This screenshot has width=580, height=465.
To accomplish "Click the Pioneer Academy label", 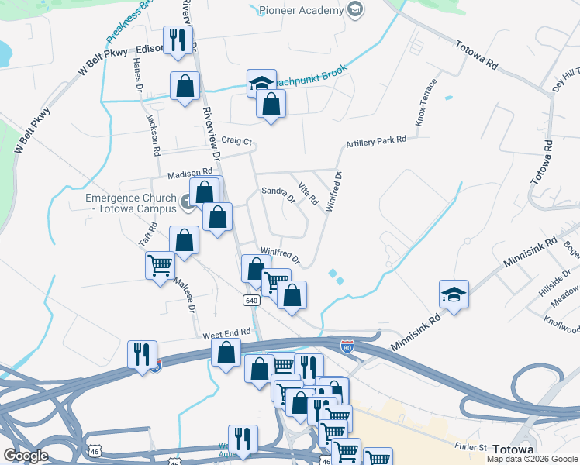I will (x=301, y=10).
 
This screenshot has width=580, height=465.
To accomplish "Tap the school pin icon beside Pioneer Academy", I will (x=355, y=9).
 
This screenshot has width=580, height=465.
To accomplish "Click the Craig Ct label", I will (x=236, y=141).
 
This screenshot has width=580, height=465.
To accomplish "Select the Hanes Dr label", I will (x=138, y=78).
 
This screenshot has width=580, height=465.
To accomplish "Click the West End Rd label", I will (x=227, y=333).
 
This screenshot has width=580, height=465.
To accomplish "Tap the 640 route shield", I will (x=250, y=300).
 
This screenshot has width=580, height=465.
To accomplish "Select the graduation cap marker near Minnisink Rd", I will (x=454, y=294).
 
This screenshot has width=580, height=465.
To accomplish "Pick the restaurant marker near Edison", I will (x=178, y=41).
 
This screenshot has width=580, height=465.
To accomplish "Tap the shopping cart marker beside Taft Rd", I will (x=161, y=266).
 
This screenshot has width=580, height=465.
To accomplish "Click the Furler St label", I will (x=470, y=447).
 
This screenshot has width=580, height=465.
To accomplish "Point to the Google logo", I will (x=26, y=456).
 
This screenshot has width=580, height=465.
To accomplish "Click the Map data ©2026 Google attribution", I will (x=532, y=459).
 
